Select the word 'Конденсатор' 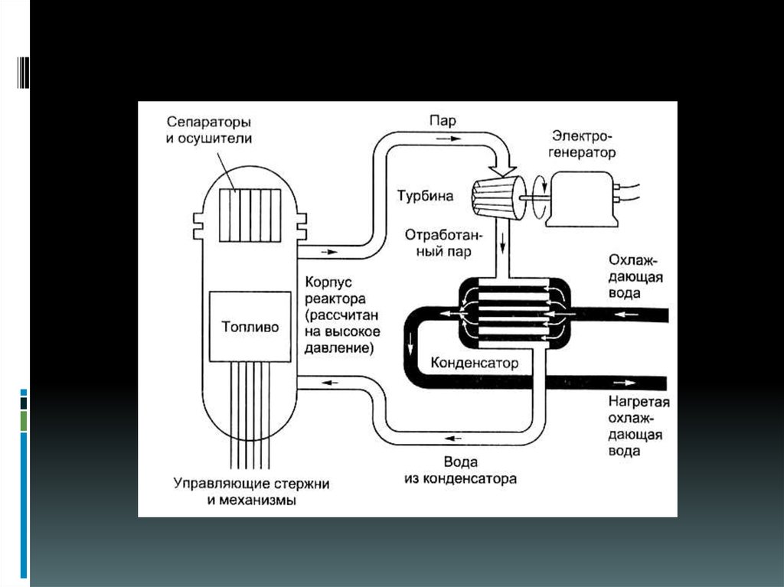pyautogui.click(x=475, y=362)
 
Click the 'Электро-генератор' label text pyautogui.click(x=583, y=145)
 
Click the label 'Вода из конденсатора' pyautogui.click(x=460, y=471)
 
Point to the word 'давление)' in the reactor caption pyautogui.click(x=338, y=348)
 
